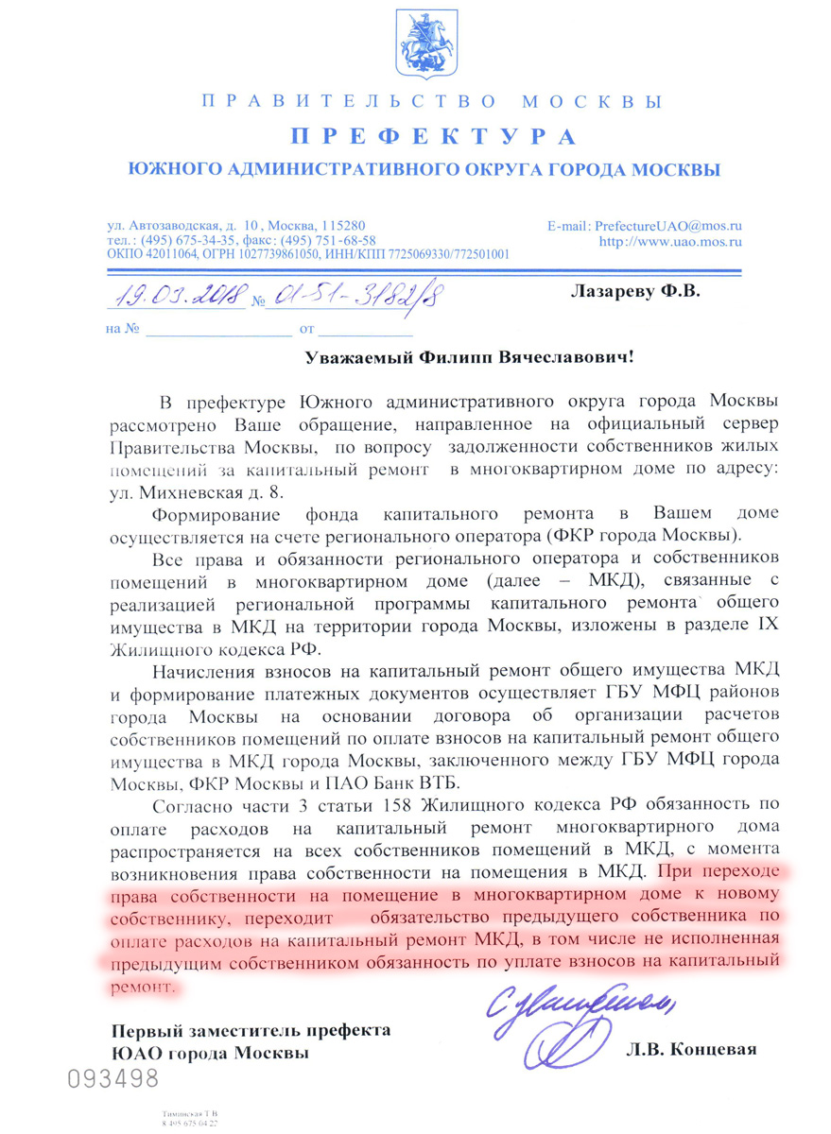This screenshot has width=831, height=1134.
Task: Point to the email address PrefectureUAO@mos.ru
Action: (667, 227)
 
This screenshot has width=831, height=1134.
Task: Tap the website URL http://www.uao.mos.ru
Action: (671, 242)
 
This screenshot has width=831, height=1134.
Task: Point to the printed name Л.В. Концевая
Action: (691, 1050)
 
